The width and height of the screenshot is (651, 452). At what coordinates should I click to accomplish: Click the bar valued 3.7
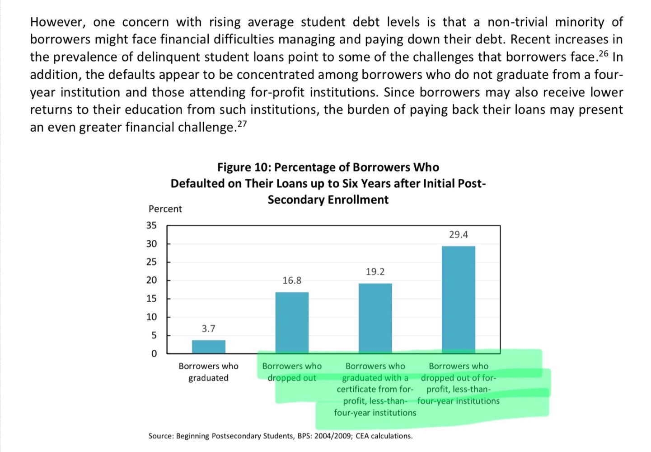point(208,347)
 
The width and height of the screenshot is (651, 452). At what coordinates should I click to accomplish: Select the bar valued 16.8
point(292,323)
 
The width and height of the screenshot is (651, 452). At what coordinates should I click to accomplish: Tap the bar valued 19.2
point(375,318)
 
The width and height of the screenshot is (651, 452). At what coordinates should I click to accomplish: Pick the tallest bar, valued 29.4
point(458,300)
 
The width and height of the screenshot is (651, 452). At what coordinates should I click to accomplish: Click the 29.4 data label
point(458,234)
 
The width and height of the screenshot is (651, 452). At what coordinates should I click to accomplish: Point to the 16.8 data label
point(292,281)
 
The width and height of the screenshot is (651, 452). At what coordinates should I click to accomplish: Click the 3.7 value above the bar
point(208,328)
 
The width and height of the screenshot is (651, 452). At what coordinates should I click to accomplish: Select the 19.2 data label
point(375,271)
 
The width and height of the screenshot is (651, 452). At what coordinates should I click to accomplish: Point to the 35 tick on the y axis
point(151,225)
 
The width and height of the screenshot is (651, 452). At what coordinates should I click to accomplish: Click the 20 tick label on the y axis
point(151,280)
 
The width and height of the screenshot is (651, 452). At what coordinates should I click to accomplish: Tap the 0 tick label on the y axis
point(154,353)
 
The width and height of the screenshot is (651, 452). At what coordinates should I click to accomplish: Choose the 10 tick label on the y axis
point(151,317)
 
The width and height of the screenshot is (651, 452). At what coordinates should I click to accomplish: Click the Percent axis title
point(165,209)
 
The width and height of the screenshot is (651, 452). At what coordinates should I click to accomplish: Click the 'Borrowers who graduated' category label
point(208,372)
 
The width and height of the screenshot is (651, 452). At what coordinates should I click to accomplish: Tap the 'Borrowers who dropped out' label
point(292,372)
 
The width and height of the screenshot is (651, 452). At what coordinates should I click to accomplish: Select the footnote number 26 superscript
point(604,54)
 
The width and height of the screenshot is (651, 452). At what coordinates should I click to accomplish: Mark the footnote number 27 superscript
point(242,124)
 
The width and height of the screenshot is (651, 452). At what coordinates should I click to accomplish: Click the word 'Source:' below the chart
point(161,436)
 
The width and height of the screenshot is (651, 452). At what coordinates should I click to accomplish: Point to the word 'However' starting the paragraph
point(57,22)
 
